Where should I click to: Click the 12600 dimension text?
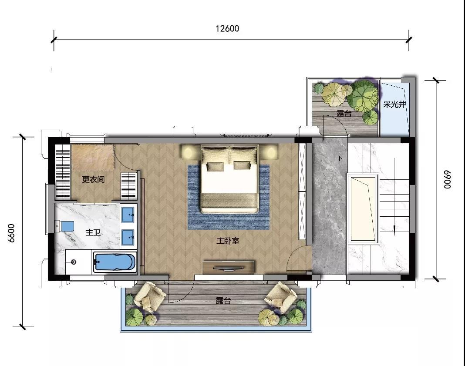[227, 28]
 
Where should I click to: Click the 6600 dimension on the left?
[11, 233]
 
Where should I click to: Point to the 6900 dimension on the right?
[447, 179]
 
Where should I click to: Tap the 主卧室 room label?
[228, 241]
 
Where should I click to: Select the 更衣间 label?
[93, 179]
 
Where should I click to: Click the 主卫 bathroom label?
[93, 232]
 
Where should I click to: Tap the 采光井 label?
[394, 104]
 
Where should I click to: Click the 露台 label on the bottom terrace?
[223, 301]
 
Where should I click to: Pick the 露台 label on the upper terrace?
[344, 113]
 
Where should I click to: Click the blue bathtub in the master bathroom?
[115, 262]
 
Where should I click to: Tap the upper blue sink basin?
[128, 215]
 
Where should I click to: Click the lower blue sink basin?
[128, 238]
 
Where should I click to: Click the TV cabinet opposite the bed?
[229, 268]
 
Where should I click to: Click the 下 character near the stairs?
[340, 158]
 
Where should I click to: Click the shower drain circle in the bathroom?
[74, 262]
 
